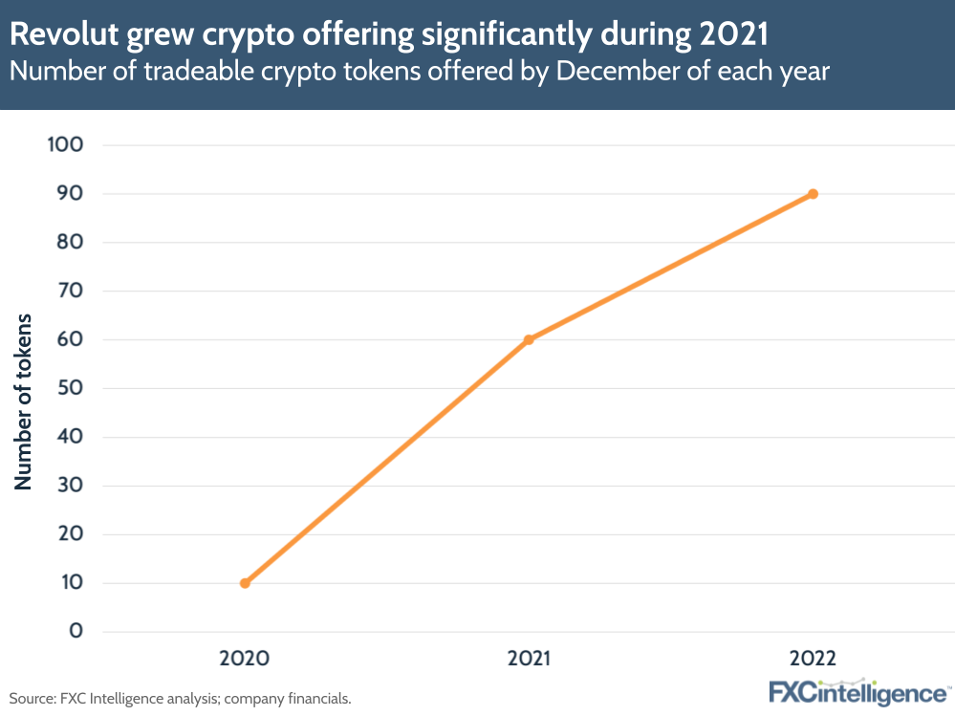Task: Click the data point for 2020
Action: point(245,583)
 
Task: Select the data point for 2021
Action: point(529,339)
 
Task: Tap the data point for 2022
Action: point(813,194)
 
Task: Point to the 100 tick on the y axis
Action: point(66,145)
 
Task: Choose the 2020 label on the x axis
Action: point(245,659)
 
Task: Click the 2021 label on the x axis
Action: point(529,659)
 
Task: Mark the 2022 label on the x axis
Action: point(813,659)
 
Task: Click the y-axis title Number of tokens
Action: point(24,401)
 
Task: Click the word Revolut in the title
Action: point(59,36)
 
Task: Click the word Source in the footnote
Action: point(30,699)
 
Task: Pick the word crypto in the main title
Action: point(226,36)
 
